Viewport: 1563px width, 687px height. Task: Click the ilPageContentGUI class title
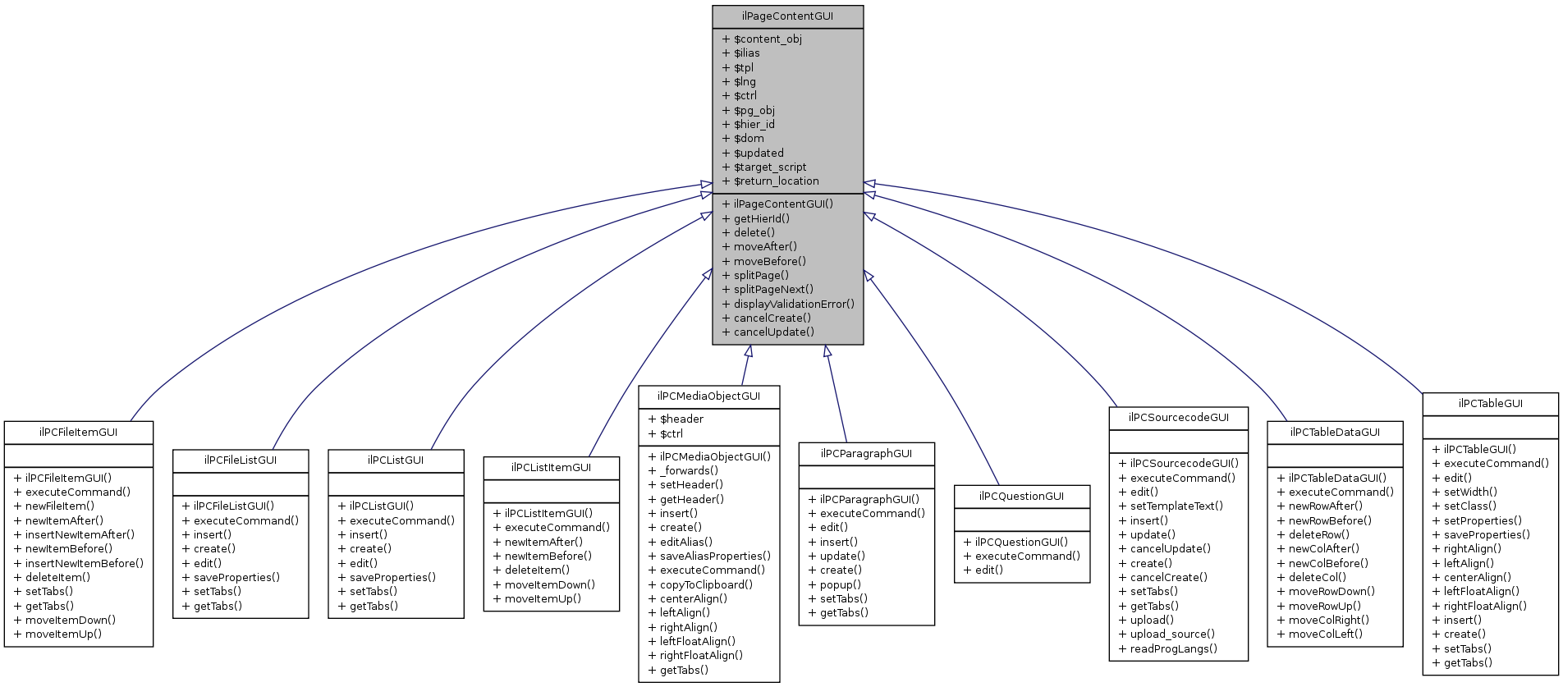(x=787, y=16)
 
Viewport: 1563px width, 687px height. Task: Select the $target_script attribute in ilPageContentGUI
(x=769, y=167)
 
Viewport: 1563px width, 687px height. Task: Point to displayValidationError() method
(x=793, y=304)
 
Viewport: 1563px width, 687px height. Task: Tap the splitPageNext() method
(x=772, y=290)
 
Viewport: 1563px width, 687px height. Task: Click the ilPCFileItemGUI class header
(x=78, y=432)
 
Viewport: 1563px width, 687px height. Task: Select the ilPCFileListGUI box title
(x=240, y=460)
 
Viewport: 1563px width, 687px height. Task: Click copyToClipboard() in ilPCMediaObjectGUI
(x=705, y=585)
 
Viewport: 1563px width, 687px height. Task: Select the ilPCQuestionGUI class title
(x=1021, y=497)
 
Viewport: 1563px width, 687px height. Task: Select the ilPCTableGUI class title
(x=1490, y=404)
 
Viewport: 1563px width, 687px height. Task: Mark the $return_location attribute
(x=776, y=181)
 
